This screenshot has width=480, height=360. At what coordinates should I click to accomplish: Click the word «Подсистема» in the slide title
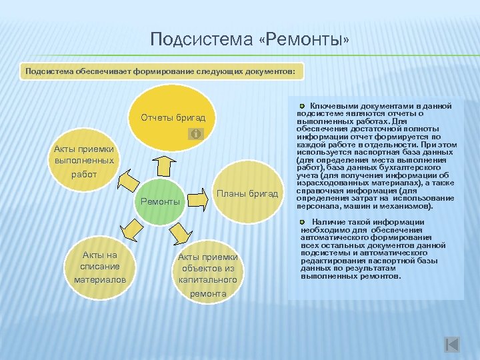[x=200, y=40]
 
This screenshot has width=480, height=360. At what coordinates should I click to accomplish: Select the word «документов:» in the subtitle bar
[x=276, y=71]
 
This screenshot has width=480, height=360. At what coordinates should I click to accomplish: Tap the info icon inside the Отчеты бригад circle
[x=195, y=135]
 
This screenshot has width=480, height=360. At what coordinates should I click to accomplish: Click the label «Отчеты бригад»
[x=173, y=118]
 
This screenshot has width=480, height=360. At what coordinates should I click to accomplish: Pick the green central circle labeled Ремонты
[x=161, y=201]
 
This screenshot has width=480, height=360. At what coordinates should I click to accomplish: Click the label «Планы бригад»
[x=247, y=193]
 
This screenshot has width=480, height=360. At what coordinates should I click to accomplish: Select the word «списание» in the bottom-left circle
[x=100, y=267]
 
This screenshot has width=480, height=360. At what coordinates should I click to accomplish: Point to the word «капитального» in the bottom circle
[x=207, y=281]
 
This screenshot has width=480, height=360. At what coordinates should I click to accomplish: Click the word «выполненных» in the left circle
[x=84, y=161]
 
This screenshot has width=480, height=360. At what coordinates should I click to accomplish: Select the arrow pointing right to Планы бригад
[x=198, y=198]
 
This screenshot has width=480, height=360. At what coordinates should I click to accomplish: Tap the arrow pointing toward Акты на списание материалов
[x=133, y=229]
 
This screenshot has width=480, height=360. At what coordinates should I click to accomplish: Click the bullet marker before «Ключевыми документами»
[x=303, y=106]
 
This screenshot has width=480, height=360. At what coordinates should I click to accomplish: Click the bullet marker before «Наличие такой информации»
[x=303, y=221]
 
